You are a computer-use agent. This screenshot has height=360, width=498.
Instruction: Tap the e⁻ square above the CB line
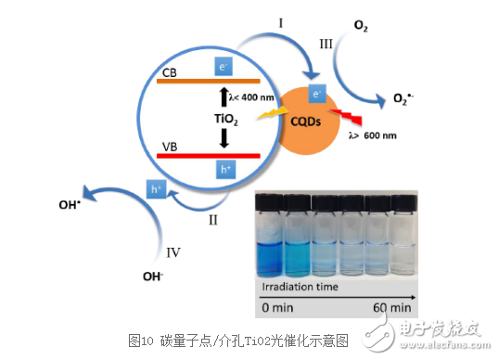point(222,68)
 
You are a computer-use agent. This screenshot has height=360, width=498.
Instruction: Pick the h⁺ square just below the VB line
point(222,170)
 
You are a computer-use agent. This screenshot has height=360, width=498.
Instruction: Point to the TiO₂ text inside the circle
point(222,119)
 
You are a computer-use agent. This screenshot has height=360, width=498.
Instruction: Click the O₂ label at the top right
point(360,29)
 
